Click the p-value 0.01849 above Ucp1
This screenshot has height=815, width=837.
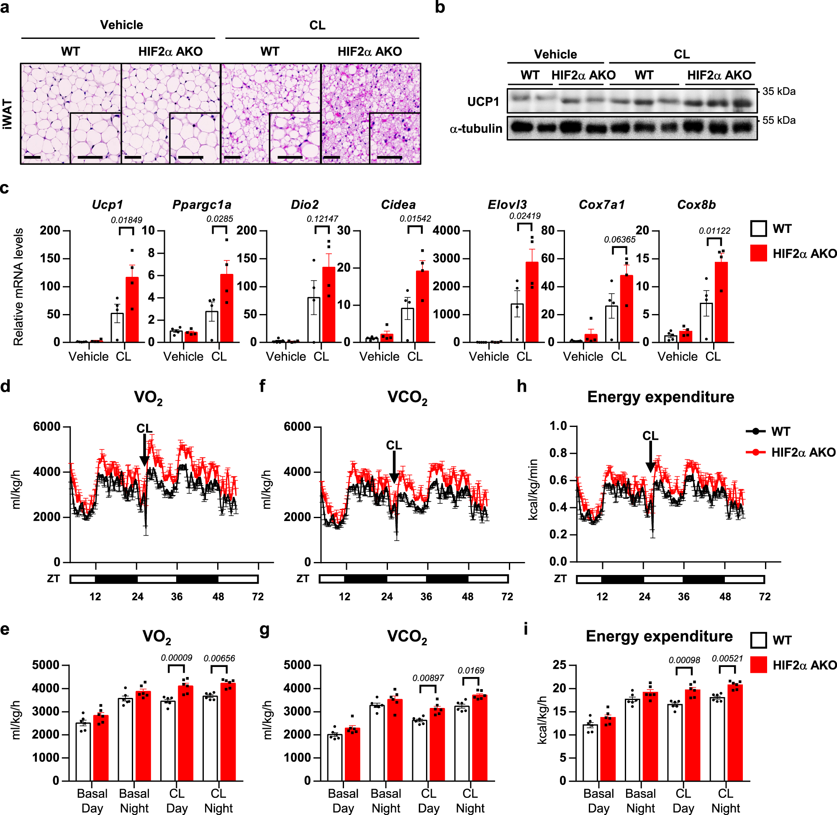click(x=126, y=220)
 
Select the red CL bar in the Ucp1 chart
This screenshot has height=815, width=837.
click(x=132, y=310)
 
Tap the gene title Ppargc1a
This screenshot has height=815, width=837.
click(x=201, y=204)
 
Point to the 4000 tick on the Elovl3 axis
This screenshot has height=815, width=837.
click(x=446, y=231)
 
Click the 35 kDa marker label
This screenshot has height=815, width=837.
click(x=779, y=92)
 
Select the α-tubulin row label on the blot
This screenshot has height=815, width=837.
click(x=475, y=128)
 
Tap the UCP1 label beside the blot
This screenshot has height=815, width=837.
click(x=483, y=102)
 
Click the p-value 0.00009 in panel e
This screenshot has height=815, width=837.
click(x=176, y=657)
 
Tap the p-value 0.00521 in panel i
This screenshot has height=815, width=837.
click(x=727, y=658)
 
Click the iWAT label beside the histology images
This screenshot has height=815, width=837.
click(x=7, y=114)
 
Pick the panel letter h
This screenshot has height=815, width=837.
click(x=521, y=386)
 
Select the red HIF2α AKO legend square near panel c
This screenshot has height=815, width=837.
click(x=758, y=253)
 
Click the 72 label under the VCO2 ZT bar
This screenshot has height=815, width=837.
click(x=507, y=596)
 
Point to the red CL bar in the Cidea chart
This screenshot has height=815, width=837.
click(x=422, y=306)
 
